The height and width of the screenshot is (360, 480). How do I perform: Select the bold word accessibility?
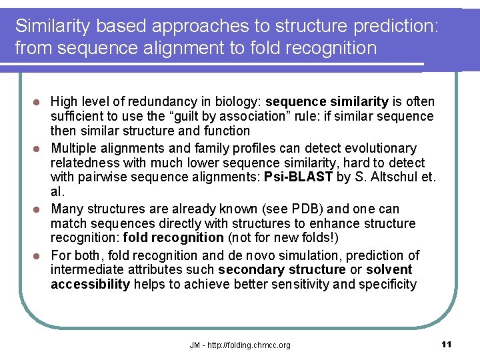pos(90,285)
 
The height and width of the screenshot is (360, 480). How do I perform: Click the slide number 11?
pos(446,344)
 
